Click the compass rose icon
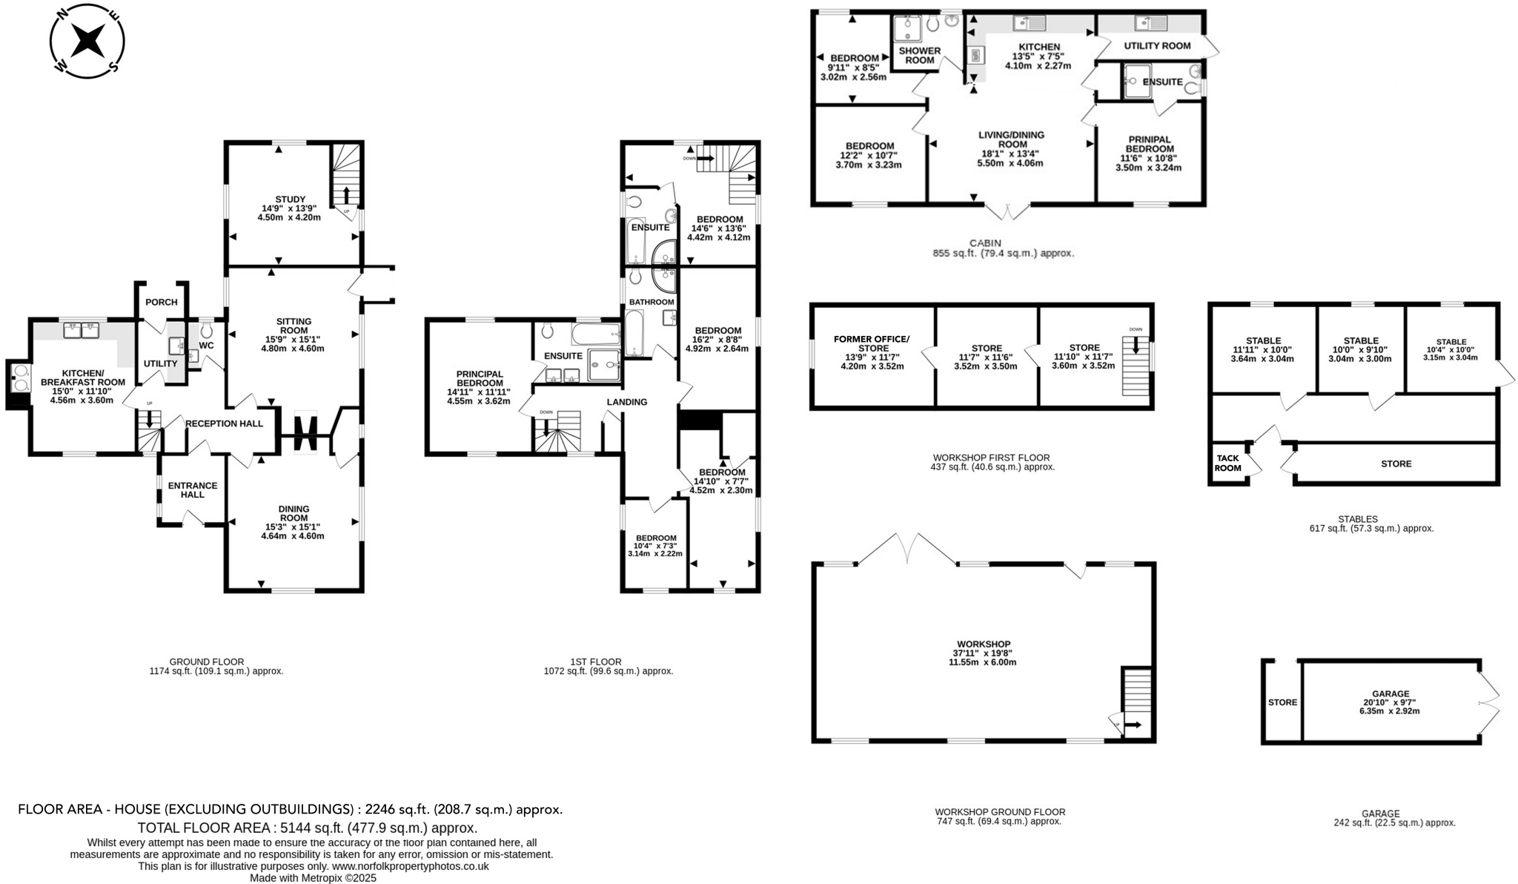87,41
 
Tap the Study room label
290,199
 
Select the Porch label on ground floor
161,302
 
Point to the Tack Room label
1227,463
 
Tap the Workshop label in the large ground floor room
983,644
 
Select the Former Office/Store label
871,343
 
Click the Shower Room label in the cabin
919,56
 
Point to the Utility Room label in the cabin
1156,45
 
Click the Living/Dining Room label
1010,139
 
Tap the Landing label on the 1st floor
626,402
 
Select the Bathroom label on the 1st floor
651,302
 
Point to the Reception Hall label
224,423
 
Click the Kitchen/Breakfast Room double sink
82,329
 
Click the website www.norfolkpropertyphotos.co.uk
410,865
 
